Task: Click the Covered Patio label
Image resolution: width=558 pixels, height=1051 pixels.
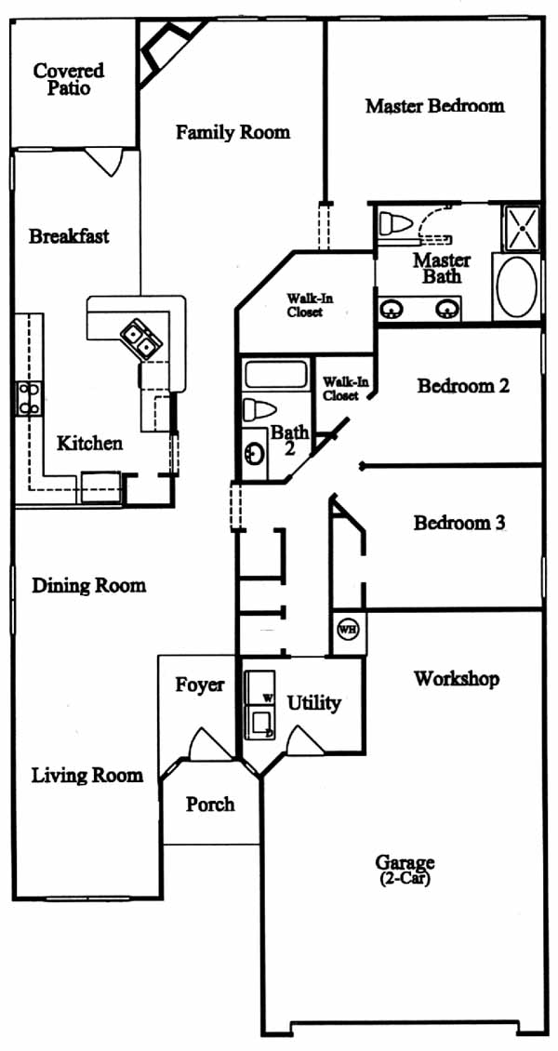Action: coord(69,79)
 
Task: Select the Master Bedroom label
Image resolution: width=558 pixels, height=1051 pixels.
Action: coord(434,106)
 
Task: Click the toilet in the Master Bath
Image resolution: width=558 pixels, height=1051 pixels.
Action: coord(394,222)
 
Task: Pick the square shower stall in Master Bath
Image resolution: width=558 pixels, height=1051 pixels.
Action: coord(521,228)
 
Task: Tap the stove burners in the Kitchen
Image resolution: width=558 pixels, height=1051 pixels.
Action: coord(28,398)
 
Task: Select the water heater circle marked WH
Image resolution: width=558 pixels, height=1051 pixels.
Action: coord(347,630)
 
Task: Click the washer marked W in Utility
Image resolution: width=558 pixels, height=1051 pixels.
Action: coord(258,687)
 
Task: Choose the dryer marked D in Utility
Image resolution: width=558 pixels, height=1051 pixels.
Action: coord(259,722)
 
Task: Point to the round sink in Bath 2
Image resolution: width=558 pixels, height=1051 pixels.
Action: coord(254,455)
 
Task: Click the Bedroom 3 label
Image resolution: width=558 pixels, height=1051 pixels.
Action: coord(458,523)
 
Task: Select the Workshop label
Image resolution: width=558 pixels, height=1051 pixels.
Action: coord(457,679)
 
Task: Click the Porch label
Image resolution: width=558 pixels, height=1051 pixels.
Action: coord(210,804)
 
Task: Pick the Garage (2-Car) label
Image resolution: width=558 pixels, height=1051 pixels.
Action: coord(404,870)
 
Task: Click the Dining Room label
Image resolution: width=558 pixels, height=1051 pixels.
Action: coord(89,586)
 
